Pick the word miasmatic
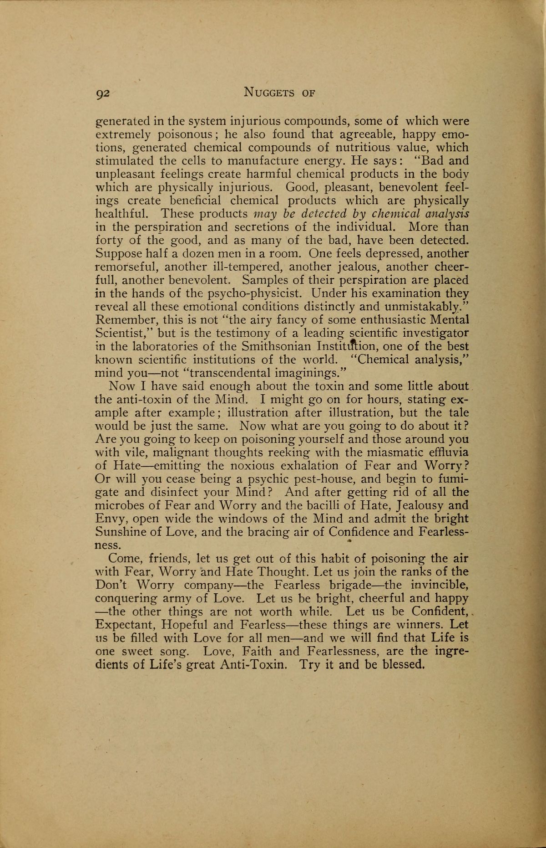click(x=399, y=452)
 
